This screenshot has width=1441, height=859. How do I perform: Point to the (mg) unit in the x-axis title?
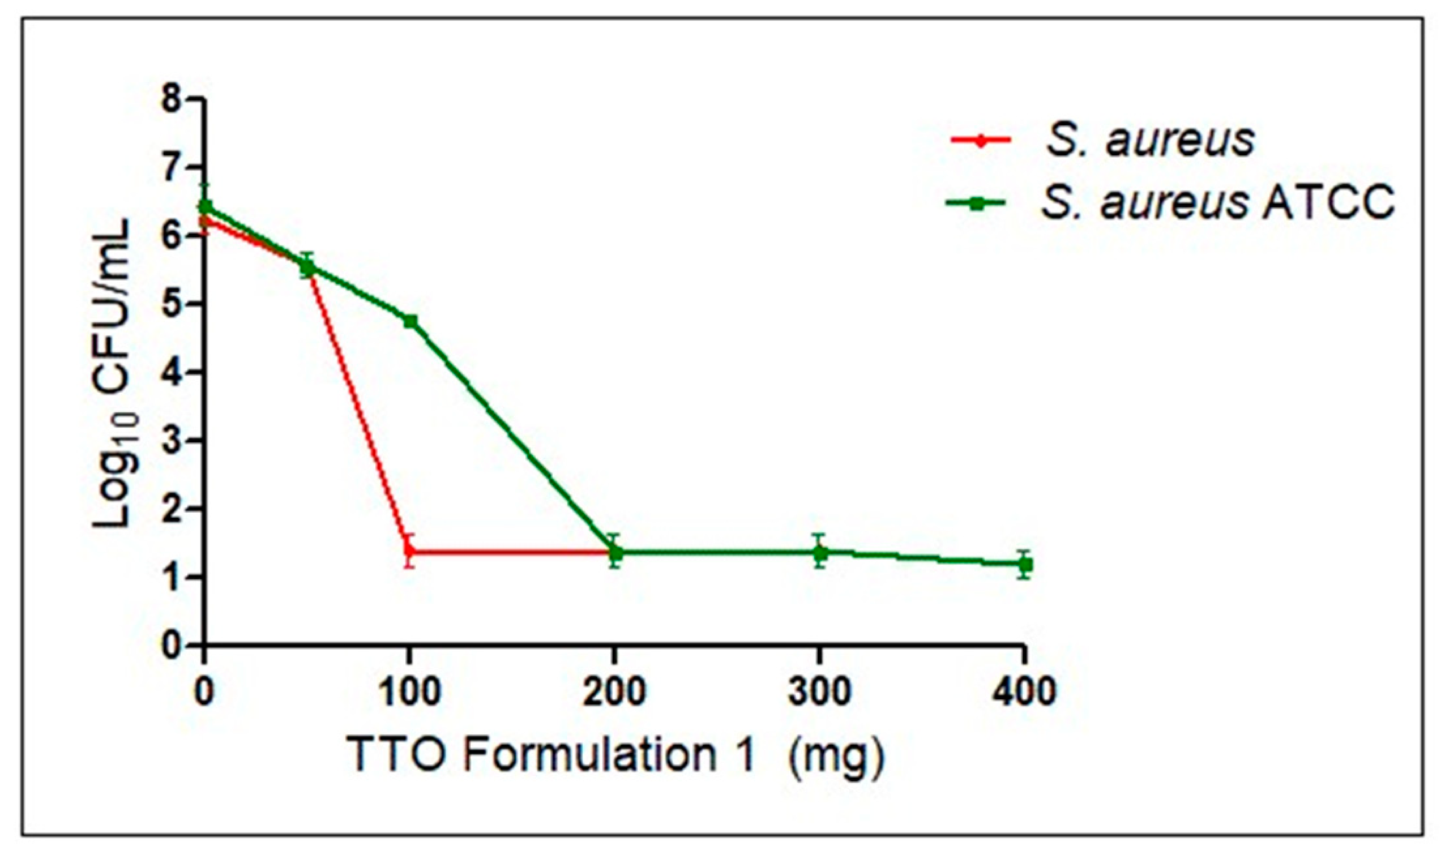click(837, 757)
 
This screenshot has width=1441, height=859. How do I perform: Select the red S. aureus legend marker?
click(980, 140)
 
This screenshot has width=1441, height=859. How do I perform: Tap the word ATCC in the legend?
click(1328, 202)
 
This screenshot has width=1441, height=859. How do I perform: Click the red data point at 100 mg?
click(409, 552)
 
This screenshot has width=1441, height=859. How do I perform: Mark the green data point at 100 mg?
click(410, 321)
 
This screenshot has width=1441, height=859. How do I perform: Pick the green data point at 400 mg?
click(1025, 564)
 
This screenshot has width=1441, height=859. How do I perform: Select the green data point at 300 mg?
click(820, 552)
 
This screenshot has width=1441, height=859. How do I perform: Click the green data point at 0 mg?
click(205, 207)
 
